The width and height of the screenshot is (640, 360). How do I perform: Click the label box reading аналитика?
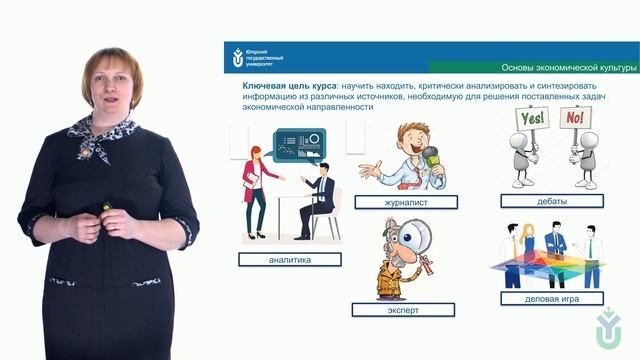pos(290,259)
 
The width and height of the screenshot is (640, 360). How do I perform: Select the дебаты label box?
pos(551,201)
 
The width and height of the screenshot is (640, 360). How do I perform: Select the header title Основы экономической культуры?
pos(567,67)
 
